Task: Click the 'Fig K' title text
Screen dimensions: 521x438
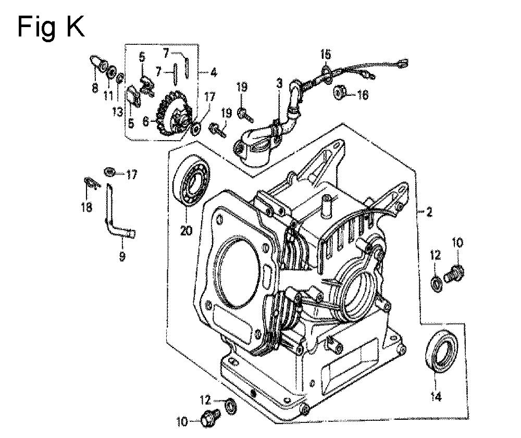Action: pyautogui.click(x=51, y=27)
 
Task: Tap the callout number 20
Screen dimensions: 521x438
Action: pyautogui.click(x=186, y=230)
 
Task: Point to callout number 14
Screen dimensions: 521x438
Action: pyautogui.click(x=436, y=396)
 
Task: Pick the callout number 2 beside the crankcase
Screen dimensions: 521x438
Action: pyautogui.click(x=429, y=211)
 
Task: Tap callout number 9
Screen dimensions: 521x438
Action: pyautogui.click(x=122, y=256)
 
